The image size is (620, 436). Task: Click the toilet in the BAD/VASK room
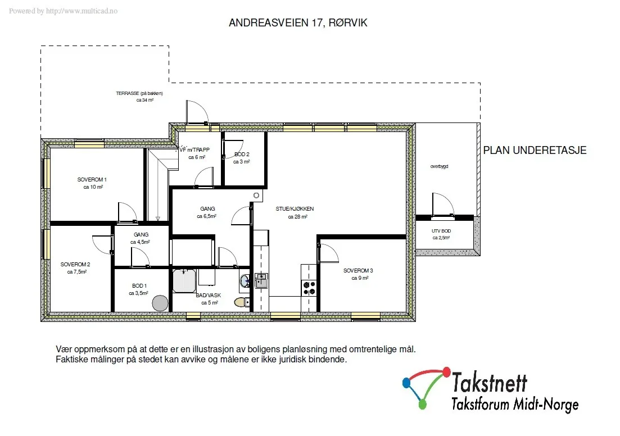click(242, 302)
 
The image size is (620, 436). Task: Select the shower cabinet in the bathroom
click(184, 281)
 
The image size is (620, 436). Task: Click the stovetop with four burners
click(309, 288)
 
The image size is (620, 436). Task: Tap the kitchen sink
click(261, 281)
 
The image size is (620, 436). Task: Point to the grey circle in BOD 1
click(161, 303)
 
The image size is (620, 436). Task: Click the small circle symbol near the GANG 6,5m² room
click(256, 196)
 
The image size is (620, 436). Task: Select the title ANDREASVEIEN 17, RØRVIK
click(298, 23)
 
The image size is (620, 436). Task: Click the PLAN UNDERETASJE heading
click(535, 150)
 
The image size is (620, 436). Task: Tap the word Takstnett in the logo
click(490, 382)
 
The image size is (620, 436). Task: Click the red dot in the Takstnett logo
click(446, 371)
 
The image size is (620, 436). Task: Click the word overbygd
click(440, 166)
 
